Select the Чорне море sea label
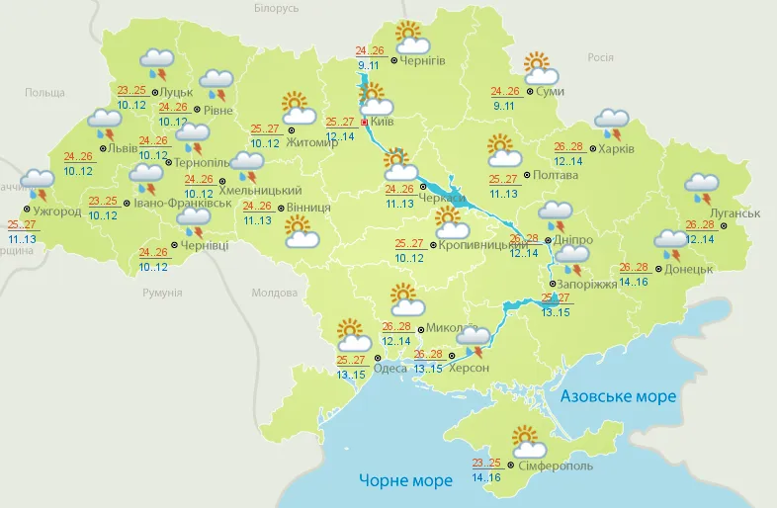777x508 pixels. coord(404,480)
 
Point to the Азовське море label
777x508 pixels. coord(618,396)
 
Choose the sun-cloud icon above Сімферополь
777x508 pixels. coord(524,440)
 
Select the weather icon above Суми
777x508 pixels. coord(540,67)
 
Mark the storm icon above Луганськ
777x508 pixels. coord(703,187)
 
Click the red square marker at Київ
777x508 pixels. coord(364,123)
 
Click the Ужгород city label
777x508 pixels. coord(56,212)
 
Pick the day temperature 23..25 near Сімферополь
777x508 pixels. coord(486,463)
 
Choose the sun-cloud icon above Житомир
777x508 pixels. coord(299,108)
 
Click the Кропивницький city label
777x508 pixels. coord(482,243)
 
